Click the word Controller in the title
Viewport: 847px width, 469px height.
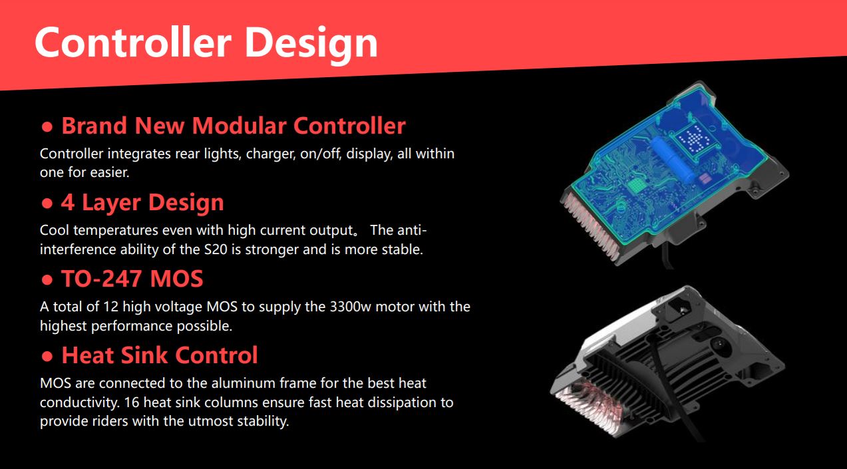pyautogui.click(x=132, y=43)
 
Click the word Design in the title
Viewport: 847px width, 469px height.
pyautogui.click(x=311, y=45)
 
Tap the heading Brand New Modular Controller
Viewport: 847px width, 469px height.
pyautogui.click(x=234, y=126)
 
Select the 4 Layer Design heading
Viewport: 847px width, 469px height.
pyautogui.click(x=142, y=202)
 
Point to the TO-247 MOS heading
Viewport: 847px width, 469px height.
pyautogui.click(x=132, y=279)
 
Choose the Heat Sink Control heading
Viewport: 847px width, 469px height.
pyautogui.click(x=160, y=355)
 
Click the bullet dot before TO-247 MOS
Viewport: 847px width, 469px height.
pyautogui.click(x=47, y=280)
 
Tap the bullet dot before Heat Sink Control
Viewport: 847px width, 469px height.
pyautogui.click(x=47, y=357)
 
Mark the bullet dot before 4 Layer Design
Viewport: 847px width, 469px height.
pyautogui.click(x=47, y=204)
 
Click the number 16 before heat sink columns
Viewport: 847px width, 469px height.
pyautogui.click(x=132, y=402)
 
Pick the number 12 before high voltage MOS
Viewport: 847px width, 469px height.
pyautogui.click(x=111, y=307)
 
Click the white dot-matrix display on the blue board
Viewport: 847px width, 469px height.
pyautogui.click(x=695, y=140)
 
